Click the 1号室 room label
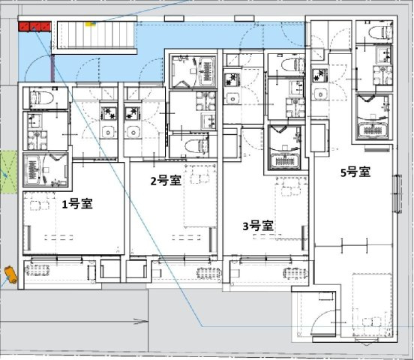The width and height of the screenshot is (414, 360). tap(76, 204)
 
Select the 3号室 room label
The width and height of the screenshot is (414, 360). tap(257, 225)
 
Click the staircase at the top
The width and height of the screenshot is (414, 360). tap(95, 34)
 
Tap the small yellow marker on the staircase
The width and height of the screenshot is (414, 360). tap(91, 23)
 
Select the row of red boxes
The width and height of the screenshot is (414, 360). tap(36, 27)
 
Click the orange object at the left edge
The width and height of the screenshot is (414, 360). tap(9, 274)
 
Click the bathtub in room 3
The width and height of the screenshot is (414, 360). tap(284, 149)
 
